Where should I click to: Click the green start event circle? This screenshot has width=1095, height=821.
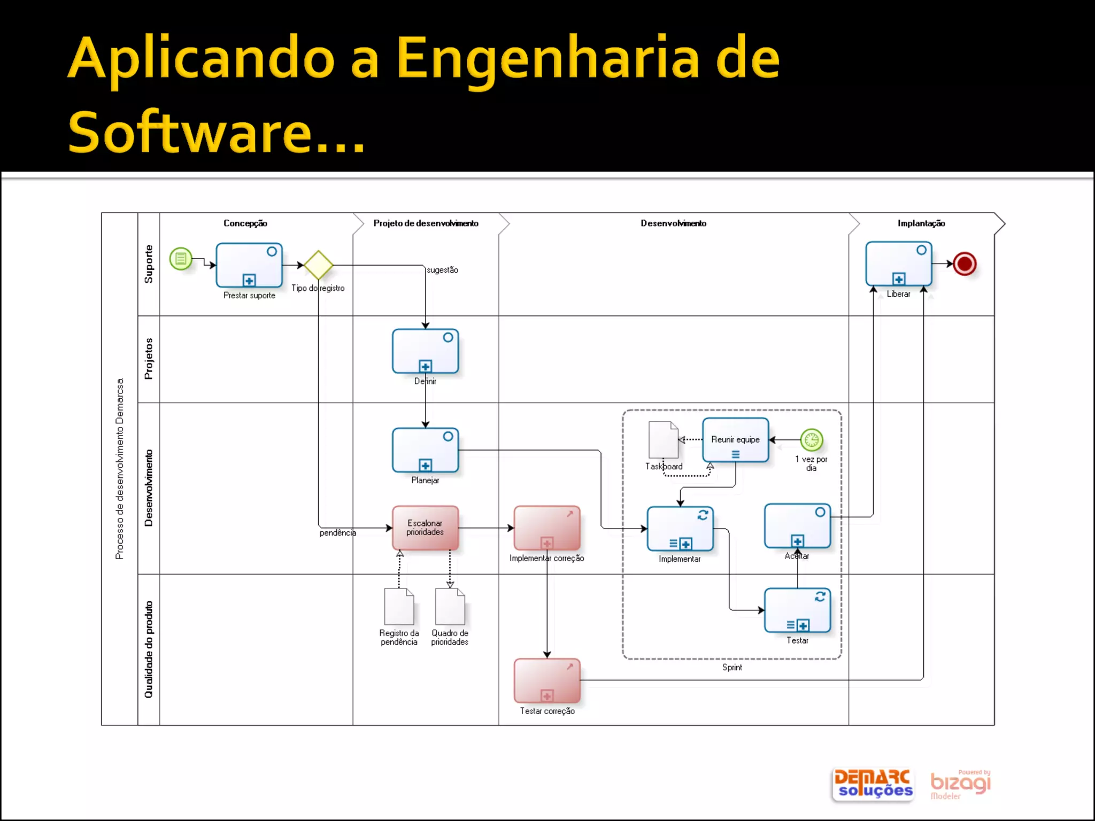coord(181,259)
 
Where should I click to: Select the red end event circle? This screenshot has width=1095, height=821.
coord(965,264)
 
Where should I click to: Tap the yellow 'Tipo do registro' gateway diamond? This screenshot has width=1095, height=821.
coord(318,265)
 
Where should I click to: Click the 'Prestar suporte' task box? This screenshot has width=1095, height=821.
coord(249,265)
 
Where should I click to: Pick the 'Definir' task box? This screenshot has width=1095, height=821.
coord(425,351)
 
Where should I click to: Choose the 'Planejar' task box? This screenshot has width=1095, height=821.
coord(425,450)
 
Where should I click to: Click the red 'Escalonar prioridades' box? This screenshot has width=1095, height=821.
coord(425,528)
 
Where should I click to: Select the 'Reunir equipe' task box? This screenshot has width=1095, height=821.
coord(735,440)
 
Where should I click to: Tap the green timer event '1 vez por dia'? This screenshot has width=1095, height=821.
coord(811,440)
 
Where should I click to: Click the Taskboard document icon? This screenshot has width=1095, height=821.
coord(663,440)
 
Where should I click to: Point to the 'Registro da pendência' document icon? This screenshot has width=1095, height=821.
coord(399,606)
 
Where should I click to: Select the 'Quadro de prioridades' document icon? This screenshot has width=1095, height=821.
coord(450,606)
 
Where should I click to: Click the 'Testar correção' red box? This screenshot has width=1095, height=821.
coord(547,680)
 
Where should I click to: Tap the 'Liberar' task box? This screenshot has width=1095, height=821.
coord(899,264)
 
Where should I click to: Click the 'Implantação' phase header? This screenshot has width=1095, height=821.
coord(921,223)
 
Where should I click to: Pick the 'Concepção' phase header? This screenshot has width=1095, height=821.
coord(245,223)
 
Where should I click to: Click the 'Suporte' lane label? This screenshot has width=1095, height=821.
coord(149,264)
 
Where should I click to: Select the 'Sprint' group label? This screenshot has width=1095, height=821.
coord(732,668)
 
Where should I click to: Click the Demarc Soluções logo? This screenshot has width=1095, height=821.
coord(873,784)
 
